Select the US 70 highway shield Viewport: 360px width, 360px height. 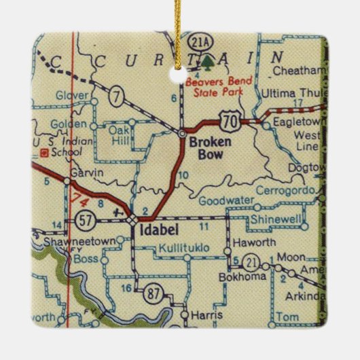(229, 120)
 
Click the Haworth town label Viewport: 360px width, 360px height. (251, 242)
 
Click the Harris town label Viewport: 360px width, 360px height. (206, 316)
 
